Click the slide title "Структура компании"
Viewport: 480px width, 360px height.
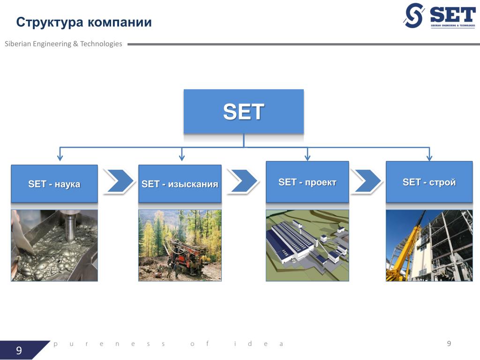tap(84, 22)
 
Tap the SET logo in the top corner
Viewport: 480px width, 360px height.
tap(439, 15)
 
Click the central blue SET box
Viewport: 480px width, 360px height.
tap(244, 112)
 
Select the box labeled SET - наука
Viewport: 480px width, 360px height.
tap(54, 184)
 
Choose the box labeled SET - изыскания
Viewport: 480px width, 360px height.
tap(180, 184)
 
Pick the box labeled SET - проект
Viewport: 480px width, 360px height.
tap(307, 182)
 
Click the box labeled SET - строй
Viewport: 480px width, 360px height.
tap(429, 182)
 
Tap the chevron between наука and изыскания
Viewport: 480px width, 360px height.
tap(118, 181)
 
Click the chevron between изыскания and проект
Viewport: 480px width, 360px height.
tap(243, 181)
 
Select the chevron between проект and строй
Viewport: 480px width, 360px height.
tap(367, 180)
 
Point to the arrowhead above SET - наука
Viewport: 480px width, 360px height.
tap(60, 157)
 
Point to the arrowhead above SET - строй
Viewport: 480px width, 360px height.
tap(429, 157)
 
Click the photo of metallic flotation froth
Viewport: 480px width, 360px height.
tap(54, 245)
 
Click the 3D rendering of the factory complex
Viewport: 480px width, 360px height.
tap(307, 245)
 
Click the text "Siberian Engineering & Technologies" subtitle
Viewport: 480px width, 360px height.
tap(63, 44)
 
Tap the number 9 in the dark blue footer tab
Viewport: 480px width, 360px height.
tap(19, 351)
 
